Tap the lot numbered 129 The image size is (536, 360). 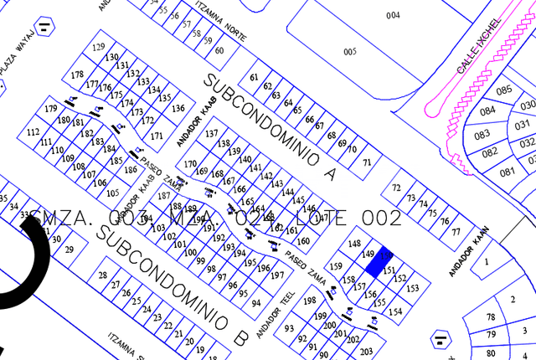[99, 47]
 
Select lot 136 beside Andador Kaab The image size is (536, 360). [178, 108]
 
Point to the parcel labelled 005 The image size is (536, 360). [350, 52]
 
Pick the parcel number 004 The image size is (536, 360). [393, 16]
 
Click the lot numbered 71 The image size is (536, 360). [366, 162]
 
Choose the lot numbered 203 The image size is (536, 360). [365, 352]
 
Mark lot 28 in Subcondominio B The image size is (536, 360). [103, 275]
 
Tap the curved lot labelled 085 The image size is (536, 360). [503, 90]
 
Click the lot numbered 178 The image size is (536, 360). [78, 75]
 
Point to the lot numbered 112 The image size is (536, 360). [33, 132]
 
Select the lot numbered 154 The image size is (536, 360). [395, 311]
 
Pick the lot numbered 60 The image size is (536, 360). [219, 50]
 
